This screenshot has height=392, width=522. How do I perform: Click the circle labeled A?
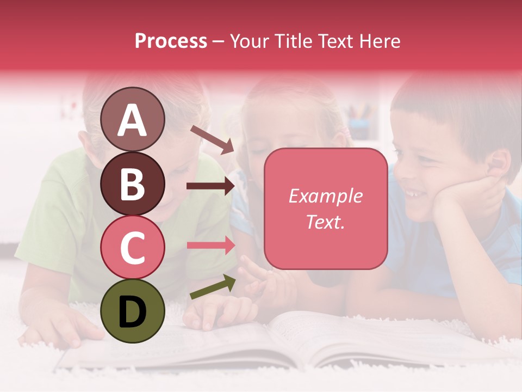[133, 119]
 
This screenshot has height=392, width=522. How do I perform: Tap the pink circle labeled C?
[133, 247]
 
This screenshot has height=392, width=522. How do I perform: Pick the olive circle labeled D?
[133, 311]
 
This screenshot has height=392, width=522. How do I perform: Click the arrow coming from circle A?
[212, 139]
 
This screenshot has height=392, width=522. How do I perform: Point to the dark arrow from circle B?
[210, 186]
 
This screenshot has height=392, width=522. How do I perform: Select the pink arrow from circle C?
[210, 245]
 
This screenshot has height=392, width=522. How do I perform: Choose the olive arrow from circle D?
[213, 287]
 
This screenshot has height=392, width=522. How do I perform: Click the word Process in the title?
[171, 41]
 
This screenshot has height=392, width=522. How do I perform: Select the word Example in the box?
[325, 196]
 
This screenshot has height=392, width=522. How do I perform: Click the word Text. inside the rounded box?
[325, 222]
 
